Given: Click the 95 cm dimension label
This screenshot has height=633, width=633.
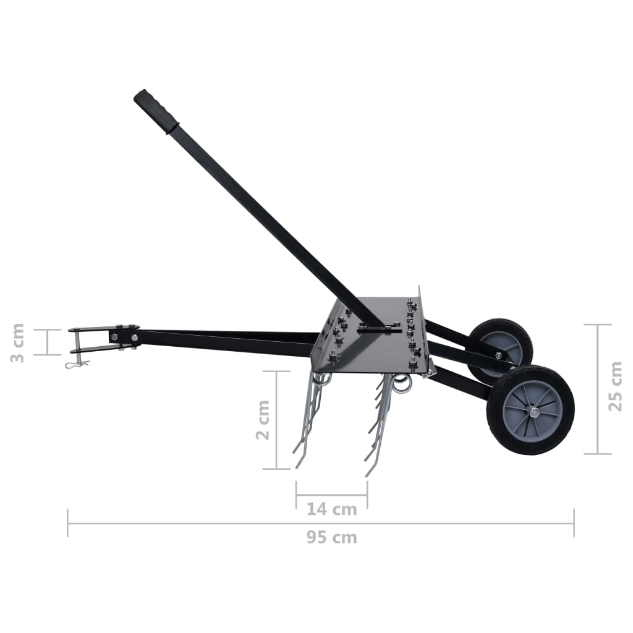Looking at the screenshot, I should coord(332,537).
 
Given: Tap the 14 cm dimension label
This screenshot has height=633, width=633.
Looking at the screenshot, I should coord(332,509).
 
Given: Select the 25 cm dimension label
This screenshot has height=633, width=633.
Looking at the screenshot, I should coord(616,389).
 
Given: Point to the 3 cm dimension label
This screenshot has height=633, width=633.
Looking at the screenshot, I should coord(18,342).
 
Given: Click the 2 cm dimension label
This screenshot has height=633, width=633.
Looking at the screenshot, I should coord(263,420).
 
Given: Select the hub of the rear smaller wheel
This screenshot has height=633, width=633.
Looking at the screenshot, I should coord(499,356).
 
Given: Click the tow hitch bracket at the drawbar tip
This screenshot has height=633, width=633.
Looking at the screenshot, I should coord(93,339).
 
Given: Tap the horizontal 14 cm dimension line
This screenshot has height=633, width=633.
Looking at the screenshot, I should coord(331,495).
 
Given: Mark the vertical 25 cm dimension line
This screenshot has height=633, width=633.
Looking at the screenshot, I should coord(598,389).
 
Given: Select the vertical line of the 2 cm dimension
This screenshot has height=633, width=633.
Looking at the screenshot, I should coord(276,420).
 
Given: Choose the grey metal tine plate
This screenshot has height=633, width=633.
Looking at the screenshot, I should coord(371,349).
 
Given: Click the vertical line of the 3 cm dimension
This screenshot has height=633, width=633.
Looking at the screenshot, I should coord(48,342).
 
